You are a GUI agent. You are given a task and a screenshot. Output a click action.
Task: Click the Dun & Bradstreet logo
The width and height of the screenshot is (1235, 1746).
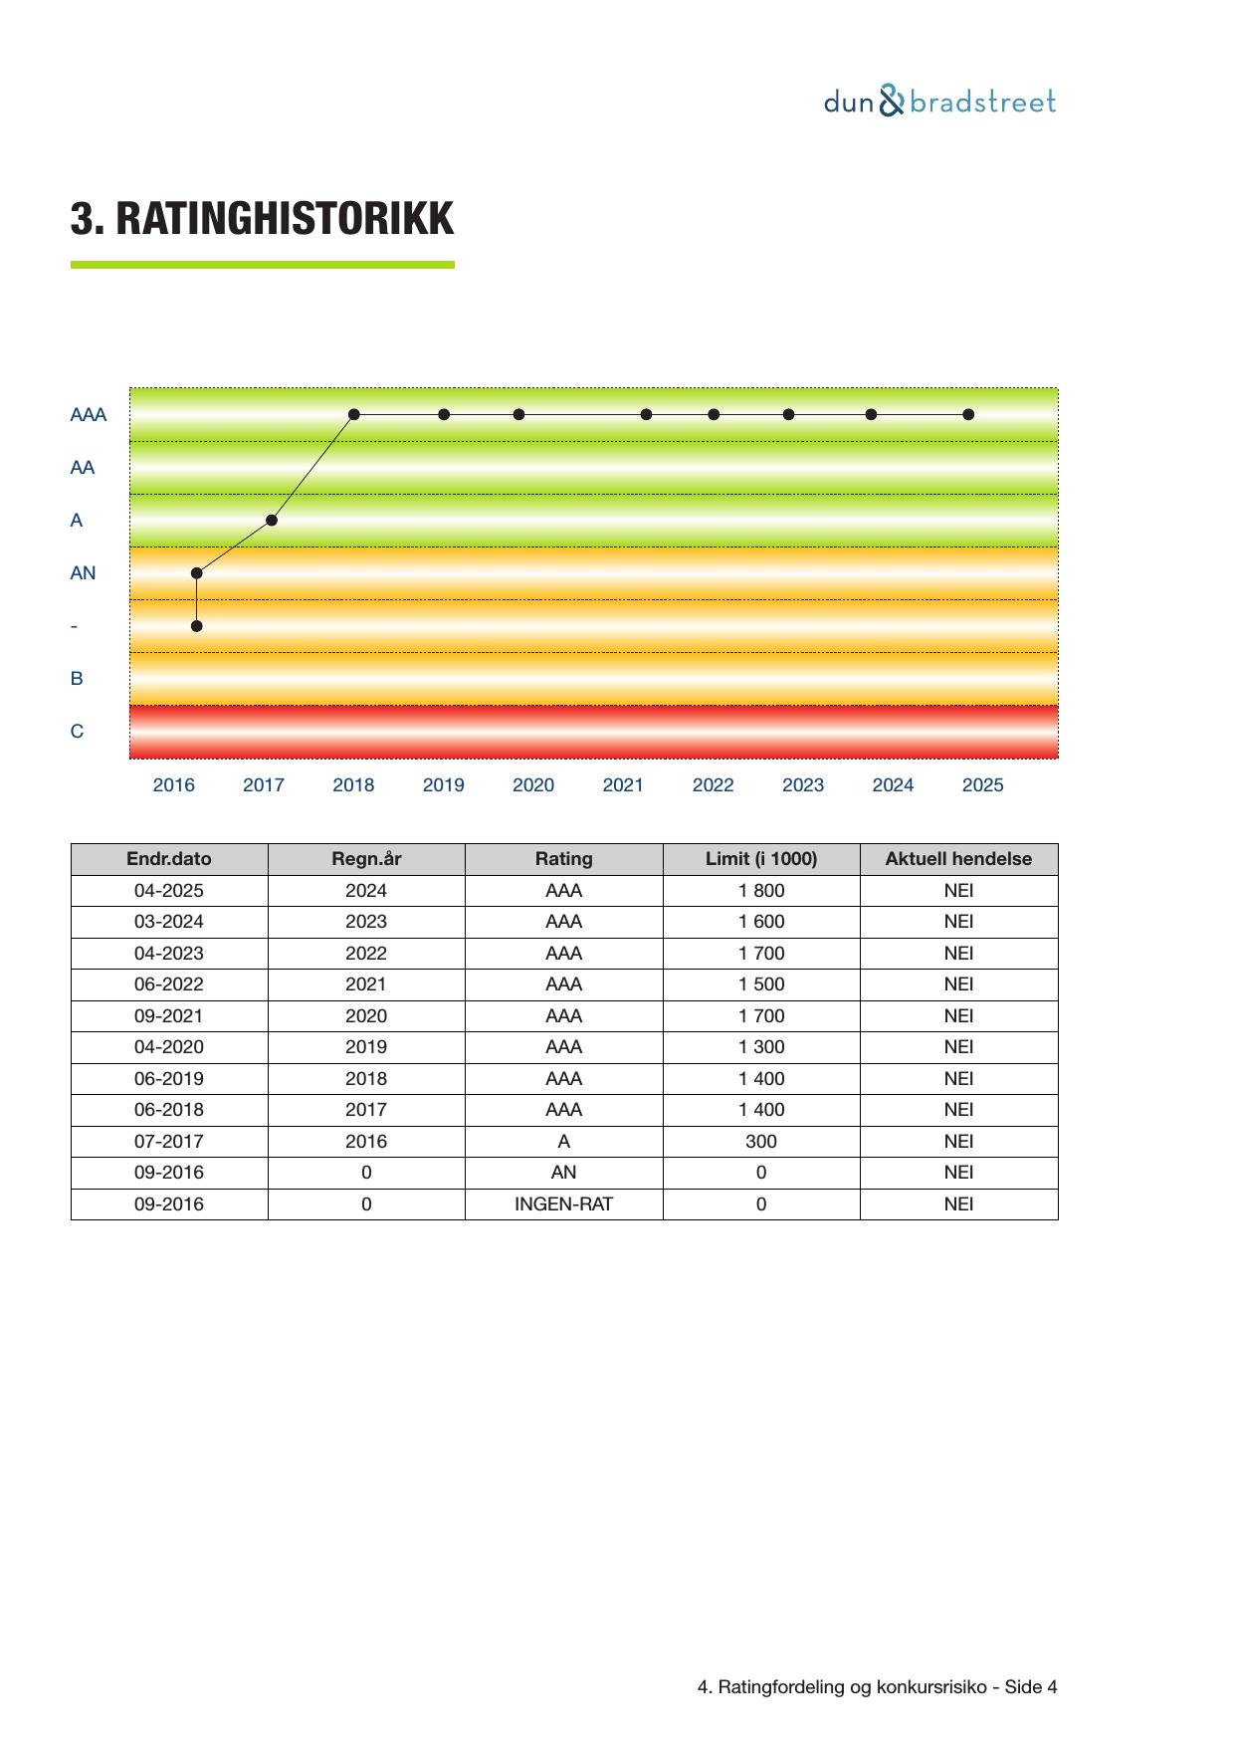tap(938, 102)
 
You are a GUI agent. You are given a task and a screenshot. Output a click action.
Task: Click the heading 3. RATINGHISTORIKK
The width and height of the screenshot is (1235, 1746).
tap(262, 219)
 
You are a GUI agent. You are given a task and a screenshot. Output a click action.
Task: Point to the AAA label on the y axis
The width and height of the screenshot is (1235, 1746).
tap(88, 415)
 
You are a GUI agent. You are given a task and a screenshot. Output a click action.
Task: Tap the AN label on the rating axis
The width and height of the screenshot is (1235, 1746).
tap(83, 573)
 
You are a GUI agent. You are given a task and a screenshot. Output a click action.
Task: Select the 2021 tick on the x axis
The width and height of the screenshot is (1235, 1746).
tap(623, 785)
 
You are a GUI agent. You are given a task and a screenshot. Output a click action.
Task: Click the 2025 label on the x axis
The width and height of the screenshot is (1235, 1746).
tap(982, 785)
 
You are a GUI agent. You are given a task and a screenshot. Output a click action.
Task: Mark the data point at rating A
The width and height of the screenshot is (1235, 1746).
tap(272, 520)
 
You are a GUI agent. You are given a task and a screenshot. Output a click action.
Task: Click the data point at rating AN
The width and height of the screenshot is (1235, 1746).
tap(197, 573)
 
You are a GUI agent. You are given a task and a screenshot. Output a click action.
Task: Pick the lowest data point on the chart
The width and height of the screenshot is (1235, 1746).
tap(197, 626)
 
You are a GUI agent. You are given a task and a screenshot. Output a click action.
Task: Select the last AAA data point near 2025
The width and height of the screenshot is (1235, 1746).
tap(968, 414)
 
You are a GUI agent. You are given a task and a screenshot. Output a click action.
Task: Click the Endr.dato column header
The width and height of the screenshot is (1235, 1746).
tap(169, 859)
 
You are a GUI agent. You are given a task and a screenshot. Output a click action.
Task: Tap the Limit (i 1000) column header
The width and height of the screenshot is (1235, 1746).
tap(761, 859)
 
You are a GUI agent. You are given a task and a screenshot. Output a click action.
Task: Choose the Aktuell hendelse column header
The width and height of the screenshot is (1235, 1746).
tap(958, 859)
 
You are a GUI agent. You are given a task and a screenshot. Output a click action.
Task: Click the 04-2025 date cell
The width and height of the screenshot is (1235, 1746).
tap(169, 891)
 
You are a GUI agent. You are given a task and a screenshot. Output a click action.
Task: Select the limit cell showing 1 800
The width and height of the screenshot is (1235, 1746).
tap(761, 891)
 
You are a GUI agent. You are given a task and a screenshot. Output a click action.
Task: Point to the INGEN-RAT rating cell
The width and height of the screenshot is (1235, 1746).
tap(563, 1204)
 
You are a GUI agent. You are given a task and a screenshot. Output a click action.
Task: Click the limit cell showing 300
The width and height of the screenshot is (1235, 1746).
tap(761, 1142)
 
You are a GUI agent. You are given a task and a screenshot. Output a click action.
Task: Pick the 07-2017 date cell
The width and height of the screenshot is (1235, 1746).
tap(169, 1142)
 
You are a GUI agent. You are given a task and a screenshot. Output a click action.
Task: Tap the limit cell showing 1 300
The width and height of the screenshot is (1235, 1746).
tap(761, 1047)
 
